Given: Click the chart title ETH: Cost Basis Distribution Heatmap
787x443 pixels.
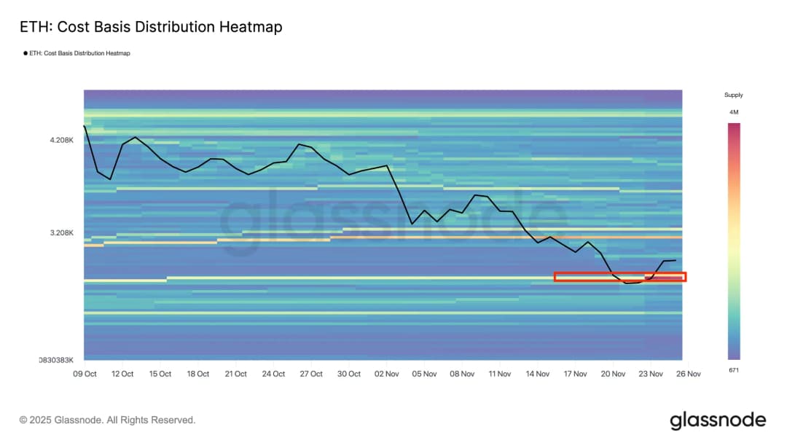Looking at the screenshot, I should pos(151,28).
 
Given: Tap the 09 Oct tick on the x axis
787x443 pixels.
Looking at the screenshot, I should pos(85,374).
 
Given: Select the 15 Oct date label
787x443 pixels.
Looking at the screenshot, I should pos(160,374).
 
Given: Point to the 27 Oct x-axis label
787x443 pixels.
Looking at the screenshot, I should pos(311,374).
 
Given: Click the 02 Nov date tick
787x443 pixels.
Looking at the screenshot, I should pos(387,374).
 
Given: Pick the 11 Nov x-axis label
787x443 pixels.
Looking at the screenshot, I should pos(500,374).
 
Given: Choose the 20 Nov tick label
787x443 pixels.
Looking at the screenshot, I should pos(614,374).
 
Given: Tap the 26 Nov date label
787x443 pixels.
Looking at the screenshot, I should pos(689,374).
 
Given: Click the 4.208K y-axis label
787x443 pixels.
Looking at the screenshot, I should pos(62,140).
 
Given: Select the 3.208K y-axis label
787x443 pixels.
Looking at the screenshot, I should pos(62,233).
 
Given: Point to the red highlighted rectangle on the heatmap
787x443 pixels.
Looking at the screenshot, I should pos(620,277).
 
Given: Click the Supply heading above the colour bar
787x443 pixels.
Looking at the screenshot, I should pos(733,95).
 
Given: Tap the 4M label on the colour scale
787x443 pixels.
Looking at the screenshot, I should pos(733,112).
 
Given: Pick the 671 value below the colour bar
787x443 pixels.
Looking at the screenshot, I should pos(733,371).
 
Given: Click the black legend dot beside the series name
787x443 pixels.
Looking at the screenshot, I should pos(26,53).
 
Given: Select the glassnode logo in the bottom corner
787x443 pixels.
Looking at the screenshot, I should pos(718,420).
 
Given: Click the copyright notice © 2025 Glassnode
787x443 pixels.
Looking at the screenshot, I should pos(107,420).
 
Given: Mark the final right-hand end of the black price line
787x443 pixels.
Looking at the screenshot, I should pos(676,260).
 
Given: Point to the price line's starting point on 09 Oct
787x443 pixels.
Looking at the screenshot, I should pos(85,126).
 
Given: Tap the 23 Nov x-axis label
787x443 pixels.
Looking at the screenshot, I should pos(651,374).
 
